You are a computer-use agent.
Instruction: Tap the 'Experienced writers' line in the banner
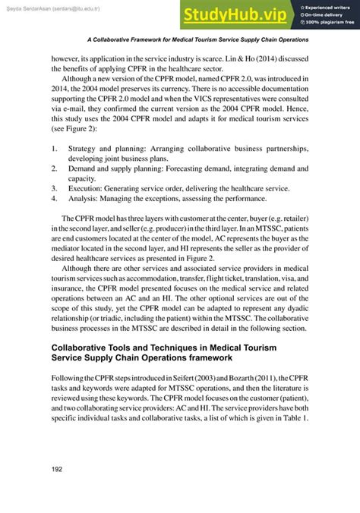[327, 6]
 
